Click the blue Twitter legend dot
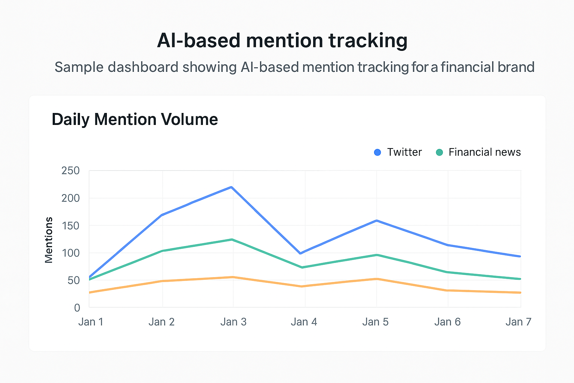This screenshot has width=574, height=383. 377,152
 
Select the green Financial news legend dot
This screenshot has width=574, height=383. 439,152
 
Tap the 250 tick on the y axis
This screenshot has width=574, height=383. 71,171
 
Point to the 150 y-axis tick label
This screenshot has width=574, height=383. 71,226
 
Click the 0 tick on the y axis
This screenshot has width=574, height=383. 77,307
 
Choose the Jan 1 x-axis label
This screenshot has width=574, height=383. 91,322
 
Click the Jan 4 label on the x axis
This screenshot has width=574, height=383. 304,322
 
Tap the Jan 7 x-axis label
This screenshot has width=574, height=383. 518,322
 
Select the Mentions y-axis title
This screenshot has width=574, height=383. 49,240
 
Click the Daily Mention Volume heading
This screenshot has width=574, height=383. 135,119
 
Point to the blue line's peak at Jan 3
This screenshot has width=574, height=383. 232,187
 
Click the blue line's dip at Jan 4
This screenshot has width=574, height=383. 300,253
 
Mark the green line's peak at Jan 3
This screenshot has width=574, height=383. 232,239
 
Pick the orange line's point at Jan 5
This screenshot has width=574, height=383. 377,279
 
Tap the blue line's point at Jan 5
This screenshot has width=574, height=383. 377,221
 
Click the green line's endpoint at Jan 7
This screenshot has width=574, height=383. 520,279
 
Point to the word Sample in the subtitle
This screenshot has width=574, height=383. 78,67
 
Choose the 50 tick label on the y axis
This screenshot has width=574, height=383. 74,280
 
